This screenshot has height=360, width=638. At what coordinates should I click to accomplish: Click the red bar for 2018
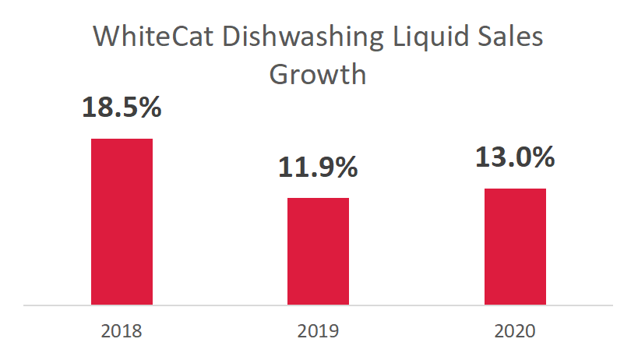(122, 221)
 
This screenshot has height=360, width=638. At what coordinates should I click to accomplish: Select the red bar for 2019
(318, 251)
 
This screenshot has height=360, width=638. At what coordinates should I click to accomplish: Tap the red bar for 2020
(515, 246)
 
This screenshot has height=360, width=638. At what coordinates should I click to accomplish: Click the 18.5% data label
(122, 107)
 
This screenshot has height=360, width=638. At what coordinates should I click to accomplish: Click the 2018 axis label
(122, 331)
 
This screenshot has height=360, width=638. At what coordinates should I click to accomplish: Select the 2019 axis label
(318, 331)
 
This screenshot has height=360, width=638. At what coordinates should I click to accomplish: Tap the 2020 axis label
(515, 331)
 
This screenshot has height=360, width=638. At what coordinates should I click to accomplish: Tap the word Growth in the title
(318, 75)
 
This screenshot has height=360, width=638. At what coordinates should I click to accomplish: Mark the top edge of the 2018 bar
(122, 139)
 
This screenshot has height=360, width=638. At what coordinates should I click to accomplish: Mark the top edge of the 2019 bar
(318, 198)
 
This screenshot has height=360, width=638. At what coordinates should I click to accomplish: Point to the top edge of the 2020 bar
(515, 189)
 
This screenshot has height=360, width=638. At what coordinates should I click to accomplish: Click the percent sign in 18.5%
(149, 107)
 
